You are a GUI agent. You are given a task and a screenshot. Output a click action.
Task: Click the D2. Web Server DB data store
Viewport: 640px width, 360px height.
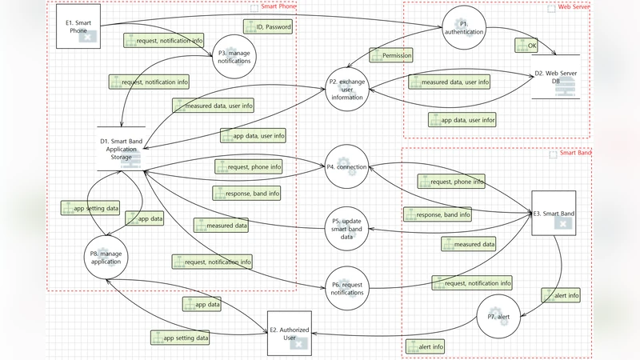(556, 80)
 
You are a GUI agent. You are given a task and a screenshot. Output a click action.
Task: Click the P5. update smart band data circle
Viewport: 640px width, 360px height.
(346, 229)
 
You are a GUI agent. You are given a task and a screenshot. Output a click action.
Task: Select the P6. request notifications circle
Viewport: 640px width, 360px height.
(346, 288)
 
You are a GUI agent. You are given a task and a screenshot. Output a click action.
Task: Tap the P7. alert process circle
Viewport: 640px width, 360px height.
(499, 316)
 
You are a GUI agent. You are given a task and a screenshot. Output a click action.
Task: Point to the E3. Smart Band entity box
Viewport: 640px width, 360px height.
(554, 214)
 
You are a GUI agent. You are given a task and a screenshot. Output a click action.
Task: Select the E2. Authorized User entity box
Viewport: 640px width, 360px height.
(289, 334)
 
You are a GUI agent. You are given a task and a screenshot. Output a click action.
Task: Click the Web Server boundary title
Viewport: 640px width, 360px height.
(574, 7)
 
